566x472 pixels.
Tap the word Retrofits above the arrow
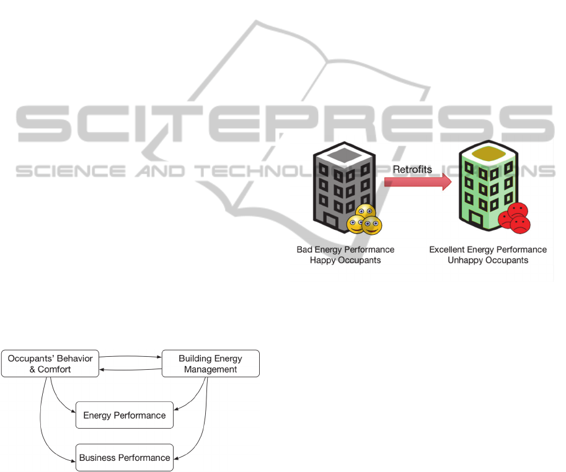(x=412, y=169)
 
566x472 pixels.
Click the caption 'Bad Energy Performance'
(x=345, y=250)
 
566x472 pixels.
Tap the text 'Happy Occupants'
(x=345, y=260)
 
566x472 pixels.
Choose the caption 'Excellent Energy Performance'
(x=488, y=250)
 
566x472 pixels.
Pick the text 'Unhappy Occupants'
(x=488, y=260)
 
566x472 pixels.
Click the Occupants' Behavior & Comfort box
(x=50, y=364)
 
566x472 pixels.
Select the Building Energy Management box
(x=210, y=364)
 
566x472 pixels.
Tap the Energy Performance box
(x=125, y=415)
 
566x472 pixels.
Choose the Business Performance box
(x=125, y=458)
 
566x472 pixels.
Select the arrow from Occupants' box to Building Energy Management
(x=130, y=357)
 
